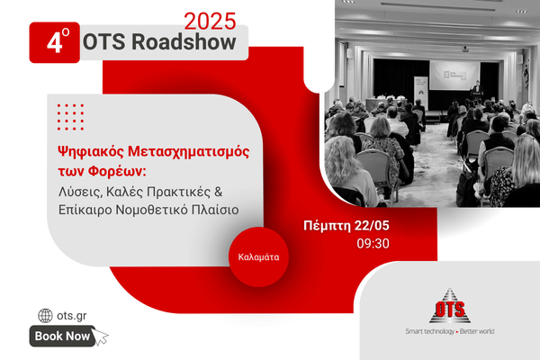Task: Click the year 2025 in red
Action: [210, 22]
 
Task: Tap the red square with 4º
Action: [54, 42]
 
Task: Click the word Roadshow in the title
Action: [184, 41]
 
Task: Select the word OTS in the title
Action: [104, 42]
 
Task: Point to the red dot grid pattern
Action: [70, 117]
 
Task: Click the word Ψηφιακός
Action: [90, 151]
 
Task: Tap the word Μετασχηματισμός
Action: [189, 151]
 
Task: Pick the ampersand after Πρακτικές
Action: [219, 192]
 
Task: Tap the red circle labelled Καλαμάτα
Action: [258, 257]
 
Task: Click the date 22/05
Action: [372, 226]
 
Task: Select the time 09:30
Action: [373, 244]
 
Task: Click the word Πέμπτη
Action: [327, 226]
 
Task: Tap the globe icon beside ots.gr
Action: [45, 316]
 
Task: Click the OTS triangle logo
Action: [450, 306]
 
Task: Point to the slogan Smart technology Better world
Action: [450, 331]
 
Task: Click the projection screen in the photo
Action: [454, 76]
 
